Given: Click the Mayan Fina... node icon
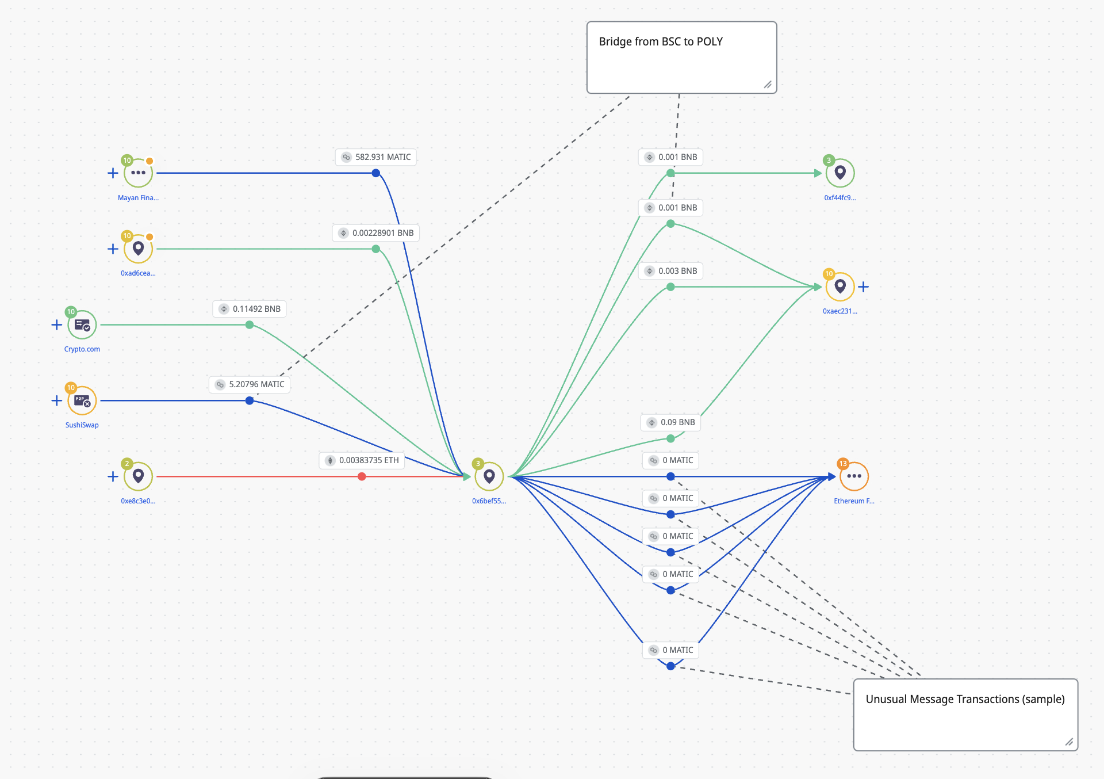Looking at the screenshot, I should point(138,173).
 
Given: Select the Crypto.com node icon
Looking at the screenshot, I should point(82,325).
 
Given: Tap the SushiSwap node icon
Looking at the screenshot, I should point(82,401).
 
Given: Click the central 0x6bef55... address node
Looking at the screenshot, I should point(489,476).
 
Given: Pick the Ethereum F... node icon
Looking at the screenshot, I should point(854,476).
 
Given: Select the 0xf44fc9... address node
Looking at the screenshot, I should point(840,173).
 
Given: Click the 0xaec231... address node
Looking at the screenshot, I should point(840,287).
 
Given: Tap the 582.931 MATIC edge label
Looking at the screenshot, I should point(376,157).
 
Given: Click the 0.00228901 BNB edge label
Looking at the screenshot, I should point(376,233).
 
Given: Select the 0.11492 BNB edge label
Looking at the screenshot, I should point(250,309).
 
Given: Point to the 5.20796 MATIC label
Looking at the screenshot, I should point(250,384).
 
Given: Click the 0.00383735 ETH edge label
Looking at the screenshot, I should point(362,460).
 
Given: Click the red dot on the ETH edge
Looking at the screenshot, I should point(362,476).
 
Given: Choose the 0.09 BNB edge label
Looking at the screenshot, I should point(670,422).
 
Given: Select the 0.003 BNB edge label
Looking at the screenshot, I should point(670,271).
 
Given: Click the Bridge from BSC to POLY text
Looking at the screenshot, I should point(661,41).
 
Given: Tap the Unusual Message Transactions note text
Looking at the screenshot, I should point(965,699).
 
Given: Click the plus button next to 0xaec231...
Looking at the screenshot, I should point(864,287).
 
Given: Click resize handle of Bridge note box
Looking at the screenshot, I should point(768,85).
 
